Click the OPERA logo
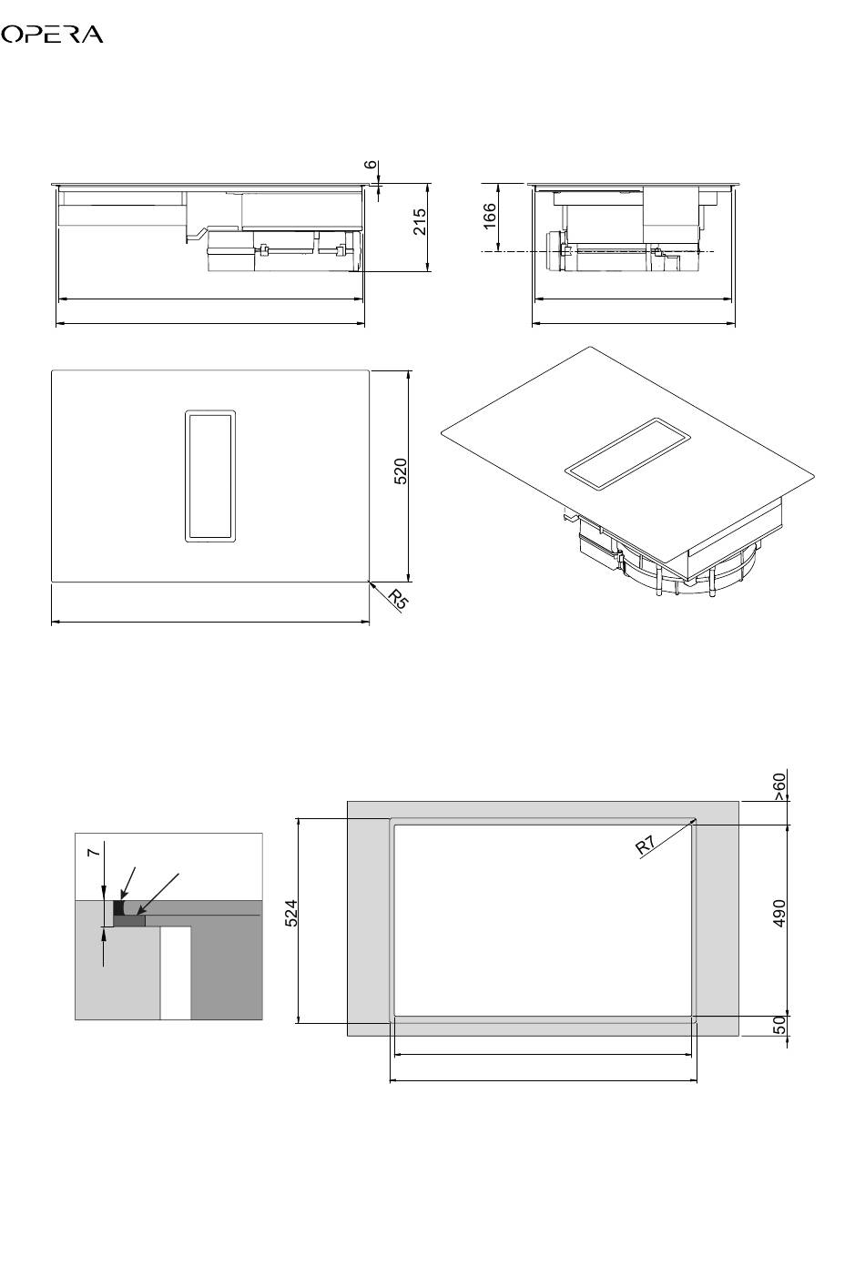pyautogui.click(x=52, y=35)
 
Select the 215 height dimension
pyautogui.click(x=420, y=221)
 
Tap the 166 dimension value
pyautogui.click(x=489, y=216)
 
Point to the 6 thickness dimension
pyautogui.click(x=372, y=164)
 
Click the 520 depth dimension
pyautogui.click(x=401, y=471)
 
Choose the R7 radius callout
pyautogui.click(x=646, y=846)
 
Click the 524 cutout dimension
pyautogui.click(x=291, y=914)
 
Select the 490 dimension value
pyautogui.click(x=778, y=913)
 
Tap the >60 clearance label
pyautogui.click(x=778, y=787)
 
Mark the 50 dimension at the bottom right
pyautogui.click(x=778, y=1025)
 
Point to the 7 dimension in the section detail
pyautogui.click(x=94, y=853)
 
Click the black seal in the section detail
pyautogui.click(x=119, y=908)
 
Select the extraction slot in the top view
pyautogui.click(x=210, y=476)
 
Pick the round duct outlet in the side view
pyautogui.click(x=555, y=250)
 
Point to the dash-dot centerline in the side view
pyautogui.click(x=597, y=251)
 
